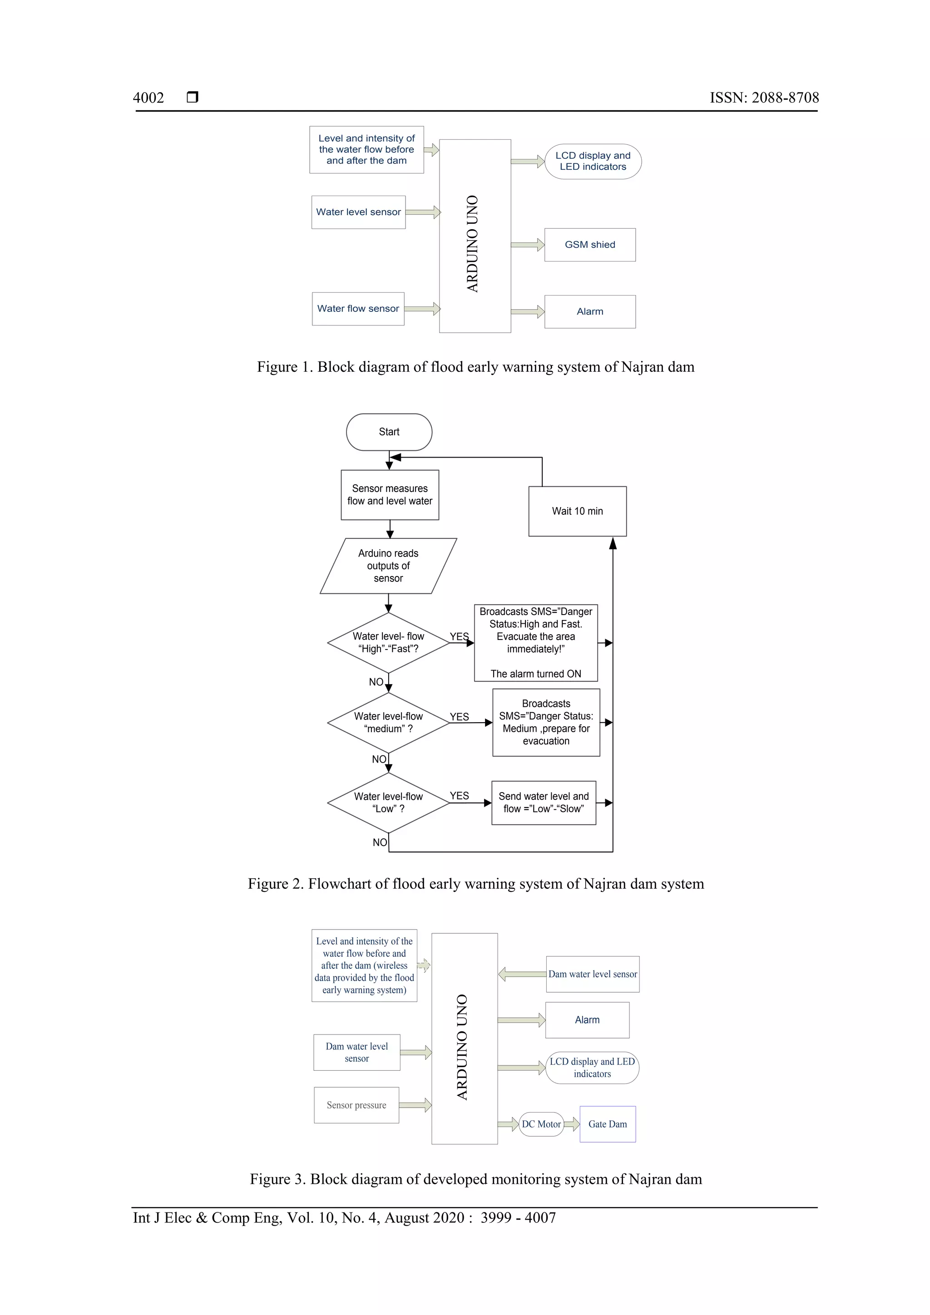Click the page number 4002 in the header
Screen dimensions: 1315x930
[148, 98]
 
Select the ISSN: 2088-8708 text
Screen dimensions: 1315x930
[764, 98]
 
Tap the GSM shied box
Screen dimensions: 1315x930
[589, 245]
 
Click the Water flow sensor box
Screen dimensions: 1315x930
[358, 309]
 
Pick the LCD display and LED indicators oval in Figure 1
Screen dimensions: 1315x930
[593, 162]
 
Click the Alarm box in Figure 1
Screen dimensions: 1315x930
[589, 311]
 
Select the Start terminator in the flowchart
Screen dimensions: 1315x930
[389, 432]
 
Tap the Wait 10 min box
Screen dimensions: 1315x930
[577, 511]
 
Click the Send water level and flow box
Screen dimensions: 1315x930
[543, 803]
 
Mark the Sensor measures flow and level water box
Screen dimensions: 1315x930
[390, 495]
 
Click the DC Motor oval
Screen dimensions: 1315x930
[541, 1124]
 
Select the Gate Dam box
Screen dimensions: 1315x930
[608, 1124]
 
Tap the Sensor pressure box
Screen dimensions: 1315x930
[356, 1105]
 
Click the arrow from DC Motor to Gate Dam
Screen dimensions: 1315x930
[571, 1124]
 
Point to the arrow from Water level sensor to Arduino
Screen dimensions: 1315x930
[422, 212]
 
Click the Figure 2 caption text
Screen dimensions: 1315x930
[475, 884]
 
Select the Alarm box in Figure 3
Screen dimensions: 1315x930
[587, 1020]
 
